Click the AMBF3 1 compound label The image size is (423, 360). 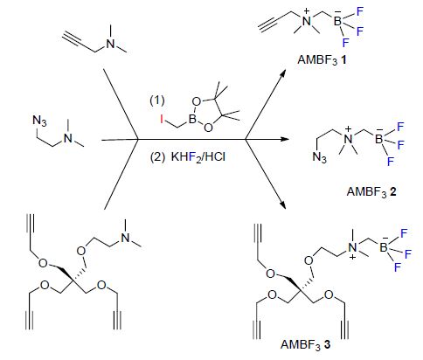(322, 60)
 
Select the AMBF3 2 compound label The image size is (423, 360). (371, 191)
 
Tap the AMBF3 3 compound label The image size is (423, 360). (306, 344)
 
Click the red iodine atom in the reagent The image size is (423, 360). (162, 119)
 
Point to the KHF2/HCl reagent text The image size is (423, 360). (198, 157)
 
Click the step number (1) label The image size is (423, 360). (157, 100)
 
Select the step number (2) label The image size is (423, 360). (157, 157)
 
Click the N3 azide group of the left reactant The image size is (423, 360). (40, 121)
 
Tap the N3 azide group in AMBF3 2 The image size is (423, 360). (320, 157)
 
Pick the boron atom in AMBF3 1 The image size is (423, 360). (337, 21)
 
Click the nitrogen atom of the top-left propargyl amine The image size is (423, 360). (110, 44)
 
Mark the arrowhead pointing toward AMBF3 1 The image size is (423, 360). (282, 73)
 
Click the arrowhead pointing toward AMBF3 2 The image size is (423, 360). (285, 139)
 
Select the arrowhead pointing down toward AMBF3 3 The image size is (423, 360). (282, 204)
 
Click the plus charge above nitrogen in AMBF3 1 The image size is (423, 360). (307, 11)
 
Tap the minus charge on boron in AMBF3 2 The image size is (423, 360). (379, 130)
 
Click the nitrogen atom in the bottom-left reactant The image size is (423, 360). (125, 238)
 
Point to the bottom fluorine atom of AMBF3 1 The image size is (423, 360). (346, 43)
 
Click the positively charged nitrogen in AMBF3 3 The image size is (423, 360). (353, 247)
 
